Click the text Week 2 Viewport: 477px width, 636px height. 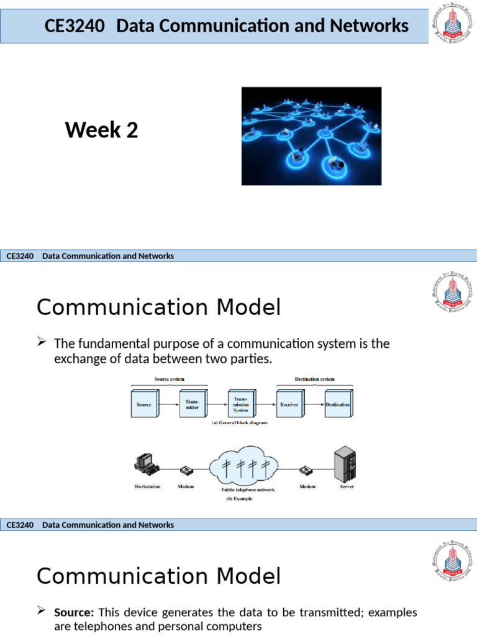point(101,130)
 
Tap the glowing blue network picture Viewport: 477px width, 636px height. point(311,135)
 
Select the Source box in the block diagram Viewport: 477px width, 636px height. point(144,404)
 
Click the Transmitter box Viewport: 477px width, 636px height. point(193,404)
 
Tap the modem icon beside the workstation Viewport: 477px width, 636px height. point(186,471)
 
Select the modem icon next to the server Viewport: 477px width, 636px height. point(307,471)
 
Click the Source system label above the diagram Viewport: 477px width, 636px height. point(168,378)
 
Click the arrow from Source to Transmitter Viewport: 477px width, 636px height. point(168,404)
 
